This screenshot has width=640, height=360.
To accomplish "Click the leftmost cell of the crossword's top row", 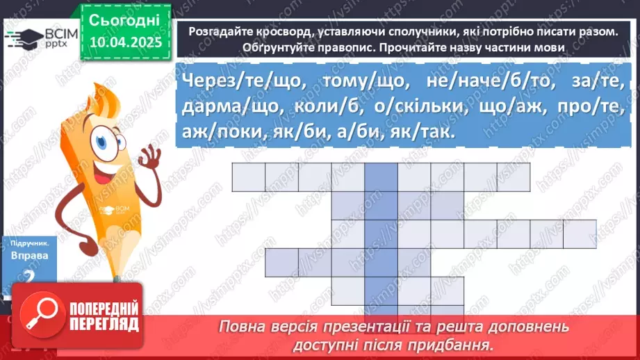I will [248, 177].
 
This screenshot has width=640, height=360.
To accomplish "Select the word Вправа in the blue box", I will [29, 256].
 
